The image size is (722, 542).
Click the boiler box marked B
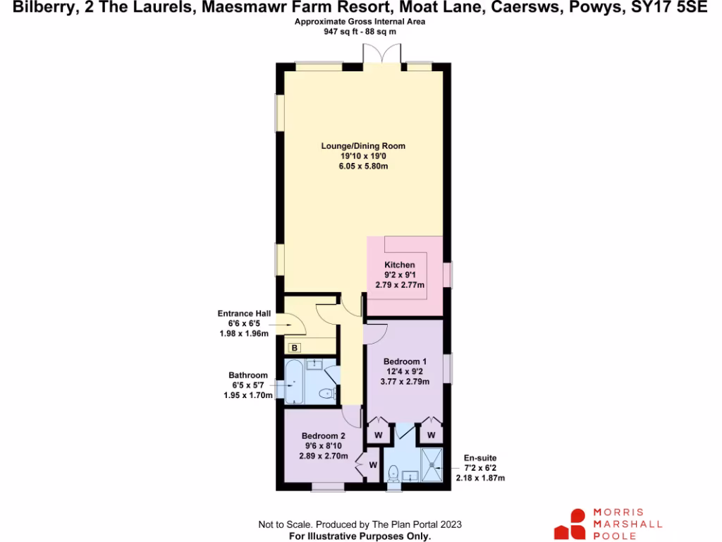point(294,347)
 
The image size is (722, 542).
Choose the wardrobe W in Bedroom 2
point(372,464)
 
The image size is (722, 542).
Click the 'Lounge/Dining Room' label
point(363,146)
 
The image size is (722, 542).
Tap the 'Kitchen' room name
point(394,265)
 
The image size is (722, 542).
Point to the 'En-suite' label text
point(477,457)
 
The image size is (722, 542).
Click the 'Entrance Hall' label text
point(245,313)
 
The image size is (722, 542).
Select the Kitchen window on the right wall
point(447,275)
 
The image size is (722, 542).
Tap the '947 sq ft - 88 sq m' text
point(360,32)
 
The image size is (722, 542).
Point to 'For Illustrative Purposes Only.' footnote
point(360,536)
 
